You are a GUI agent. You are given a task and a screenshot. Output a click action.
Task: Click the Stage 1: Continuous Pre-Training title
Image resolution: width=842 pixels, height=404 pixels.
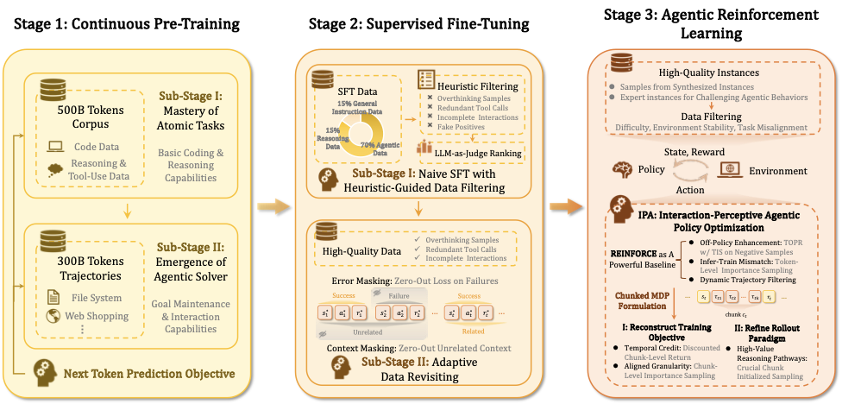pos(127,23)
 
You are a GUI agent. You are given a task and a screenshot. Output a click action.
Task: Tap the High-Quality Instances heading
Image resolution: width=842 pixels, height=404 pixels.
pos(709,73)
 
